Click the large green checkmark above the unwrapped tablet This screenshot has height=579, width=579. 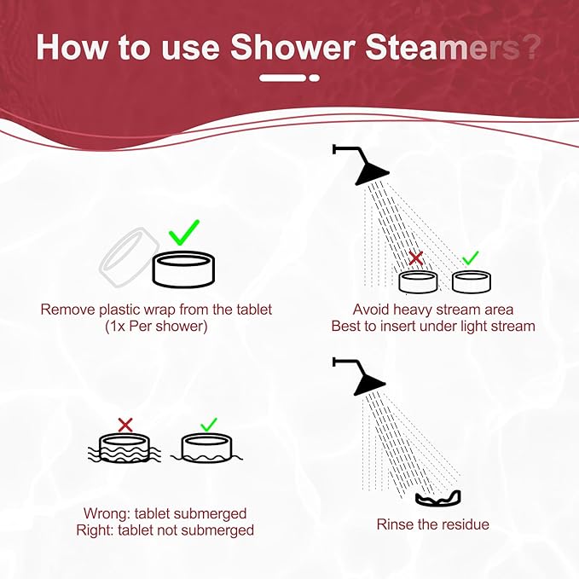(183, 232)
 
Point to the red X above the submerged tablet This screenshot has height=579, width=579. (125, 424)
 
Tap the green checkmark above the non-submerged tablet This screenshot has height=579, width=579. (208, 424)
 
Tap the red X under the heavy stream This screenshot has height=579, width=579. (416, 258)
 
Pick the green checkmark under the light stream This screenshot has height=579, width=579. (470, 258)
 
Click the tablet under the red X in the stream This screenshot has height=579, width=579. (419, 281)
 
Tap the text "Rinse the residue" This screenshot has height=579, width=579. (433, 524)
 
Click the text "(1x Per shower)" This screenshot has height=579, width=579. (157, 326)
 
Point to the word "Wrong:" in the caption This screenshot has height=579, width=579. (104, 513)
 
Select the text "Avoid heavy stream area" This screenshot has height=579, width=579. (432, 309)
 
